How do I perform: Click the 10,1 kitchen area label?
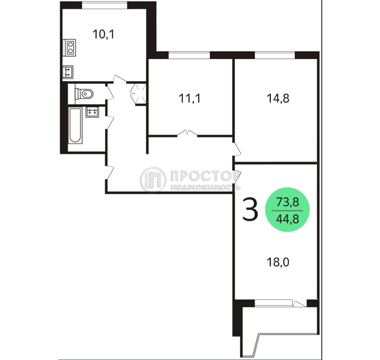tap(103, 34)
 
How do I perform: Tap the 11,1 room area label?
tap(190, 98)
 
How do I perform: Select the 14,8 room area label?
tap(278, 98)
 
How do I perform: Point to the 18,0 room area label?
tap(278, 262)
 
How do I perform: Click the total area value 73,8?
tap(288, 202)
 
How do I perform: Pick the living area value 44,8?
tap(288, 219)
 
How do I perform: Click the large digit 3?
tap(250, 210)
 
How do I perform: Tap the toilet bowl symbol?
tap(84, 93)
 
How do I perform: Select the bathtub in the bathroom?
tap(75, 125)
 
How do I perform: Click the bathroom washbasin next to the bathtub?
tap(92, 112)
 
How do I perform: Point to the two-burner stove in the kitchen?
tap(69, 47)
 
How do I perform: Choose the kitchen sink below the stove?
tap(68, 72)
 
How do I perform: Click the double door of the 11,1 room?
tap(187, 133)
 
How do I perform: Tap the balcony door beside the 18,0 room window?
tap(300, 303)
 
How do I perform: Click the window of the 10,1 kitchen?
tap(104, 5)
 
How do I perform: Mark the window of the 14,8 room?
tap(274, 55)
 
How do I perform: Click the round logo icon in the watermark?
tap(153, 180)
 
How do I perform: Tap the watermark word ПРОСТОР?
tap(205, 176)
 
